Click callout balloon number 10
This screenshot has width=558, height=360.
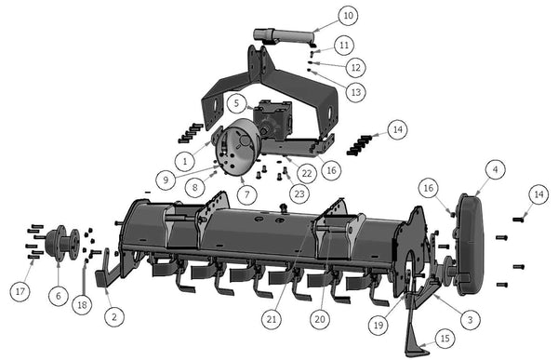point(349,15)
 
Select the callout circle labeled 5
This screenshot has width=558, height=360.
point(236,103)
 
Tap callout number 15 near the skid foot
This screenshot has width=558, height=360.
point(445,338)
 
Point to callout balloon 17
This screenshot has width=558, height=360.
point(20,291)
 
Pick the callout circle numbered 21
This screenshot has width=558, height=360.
point(272,319)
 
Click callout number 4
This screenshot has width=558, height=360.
point(496,170)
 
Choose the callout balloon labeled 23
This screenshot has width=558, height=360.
point(299,193)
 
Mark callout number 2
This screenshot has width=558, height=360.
point(114,316)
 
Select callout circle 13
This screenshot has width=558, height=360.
point(356,92)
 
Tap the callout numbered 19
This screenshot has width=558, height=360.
point(379,325)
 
